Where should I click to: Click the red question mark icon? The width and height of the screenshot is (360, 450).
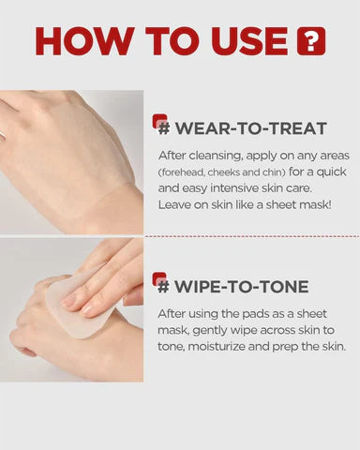coord(311,41)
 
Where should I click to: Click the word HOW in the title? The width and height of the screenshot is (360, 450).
coord(84,41)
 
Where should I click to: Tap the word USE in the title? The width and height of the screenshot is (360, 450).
coord(249,41)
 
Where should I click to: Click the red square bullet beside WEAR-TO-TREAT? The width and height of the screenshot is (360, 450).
coord(159,122)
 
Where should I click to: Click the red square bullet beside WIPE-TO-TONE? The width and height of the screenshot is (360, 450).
coord(159,279)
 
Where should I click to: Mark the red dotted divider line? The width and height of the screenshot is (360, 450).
coord(252,236)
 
